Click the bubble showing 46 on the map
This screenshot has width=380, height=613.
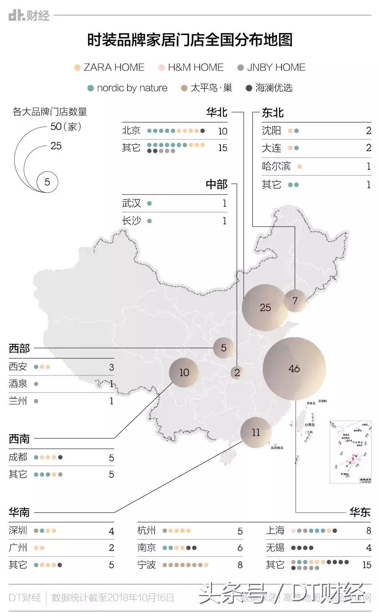(x=294, y=369)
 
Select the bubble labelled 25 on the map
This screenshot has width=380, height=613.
(x=265, y=307)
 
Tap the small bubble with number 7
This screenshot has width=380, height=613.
(x=295, y=301)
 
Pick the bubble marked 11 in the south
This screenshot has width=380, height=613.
(x=256, y=432)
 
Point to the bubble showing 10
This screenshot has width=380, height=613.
(x=184, y=372)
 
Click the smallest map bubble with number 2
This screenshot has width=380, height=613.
(x=237, y=372)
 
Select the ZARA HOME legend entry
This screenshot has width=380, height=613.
(x=109, y=68)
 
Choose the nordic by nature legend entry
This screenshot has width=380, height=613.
(x=127, y=88)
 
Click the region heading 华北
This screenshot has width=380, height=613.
(x=217, y=112)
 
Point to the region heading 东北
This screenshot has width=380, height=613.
(x=273, y=113)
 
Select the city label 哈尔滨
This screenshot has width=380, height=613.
(x=276, y=166)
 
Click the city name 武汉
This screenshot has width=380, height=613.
(x=131, y=203)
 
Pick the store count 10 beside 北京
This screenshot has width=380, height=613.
(x=223, y=131)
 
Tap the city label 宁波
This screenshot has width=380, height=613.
(x=147, y=565)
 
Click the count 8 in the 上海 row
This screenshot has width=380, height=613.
(x=368, y=531)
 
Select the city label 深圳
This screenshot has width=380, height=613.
(x=18, y=531)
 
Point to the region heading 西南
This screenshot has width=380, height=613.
(x=19, y=439)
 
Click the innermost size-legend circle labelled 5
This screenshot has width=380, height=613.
(x=47, y=182)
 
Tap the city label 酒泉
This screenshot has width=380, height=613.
(x=18, y=384)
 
